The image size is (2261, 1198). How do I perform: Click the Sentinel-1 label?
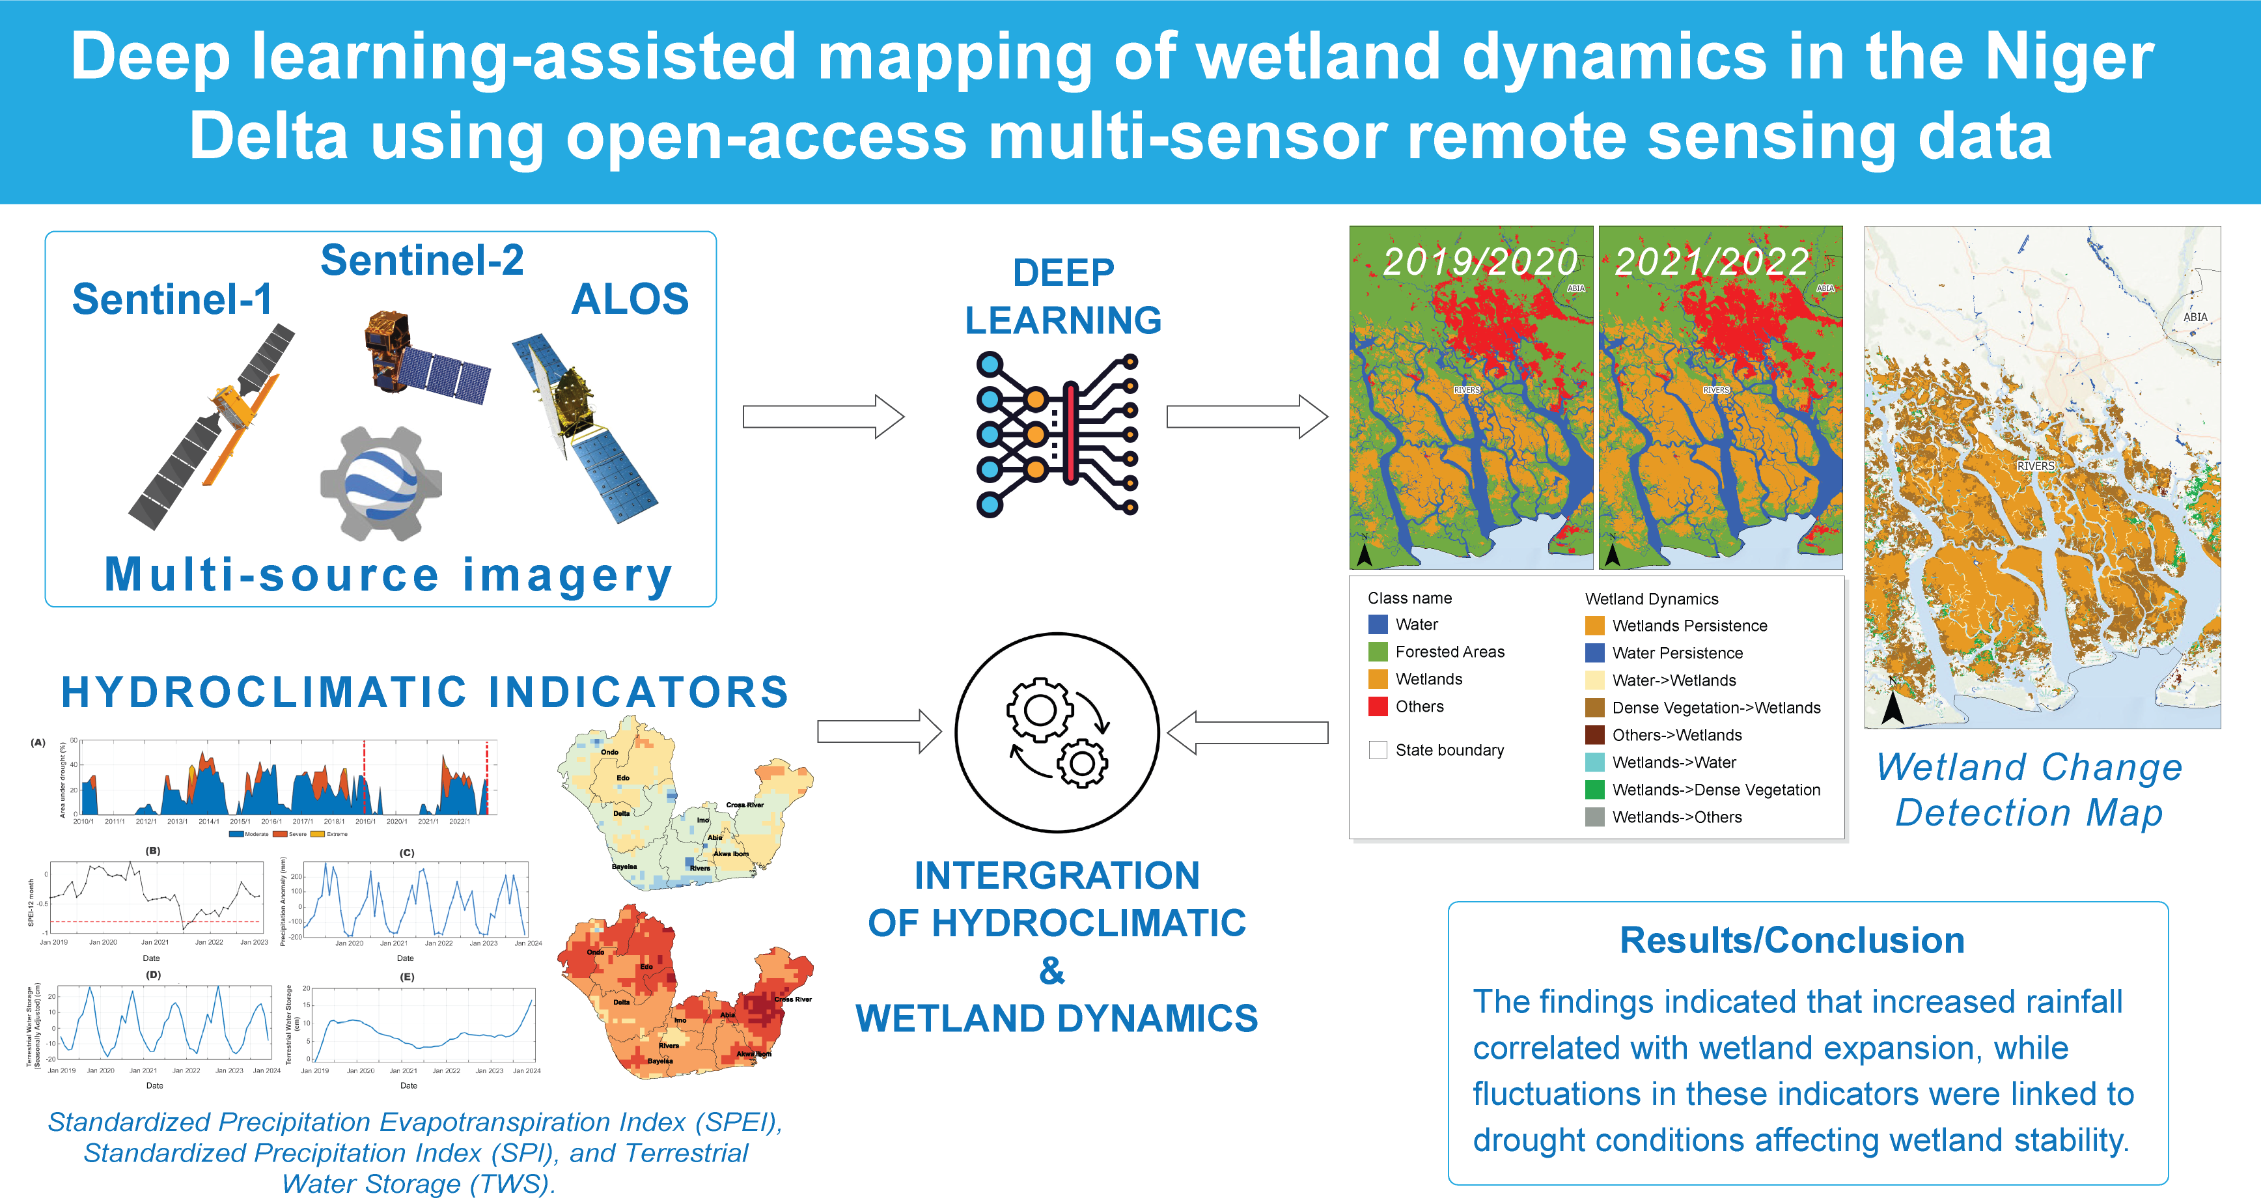coord(172,299)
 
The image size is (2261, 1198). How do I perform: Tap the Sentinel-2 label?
coord(422,260)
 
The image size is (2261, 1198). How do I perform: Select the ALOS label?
coord(630,299)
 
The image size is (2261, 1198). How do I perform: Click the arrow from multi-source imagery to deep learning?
coord(822,416)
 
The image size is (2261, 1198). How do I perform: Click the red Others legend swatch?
coord(1378,706)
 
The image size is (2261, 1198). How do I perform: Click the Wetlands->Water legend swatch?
coord(1595,762)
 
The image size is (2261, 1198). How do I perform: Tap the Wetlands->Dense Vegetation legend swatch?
coord(1595,790)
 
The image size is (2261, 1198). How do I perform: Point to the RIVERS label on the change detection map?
coord(2036,466)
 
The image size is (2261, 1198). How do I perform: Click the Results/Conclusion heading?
coord(1792,940)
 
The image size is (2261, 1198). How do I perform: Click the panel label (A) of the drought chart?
coord(38,742)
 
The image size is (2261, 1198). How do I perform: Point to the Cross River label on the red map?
coord(792,999)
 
